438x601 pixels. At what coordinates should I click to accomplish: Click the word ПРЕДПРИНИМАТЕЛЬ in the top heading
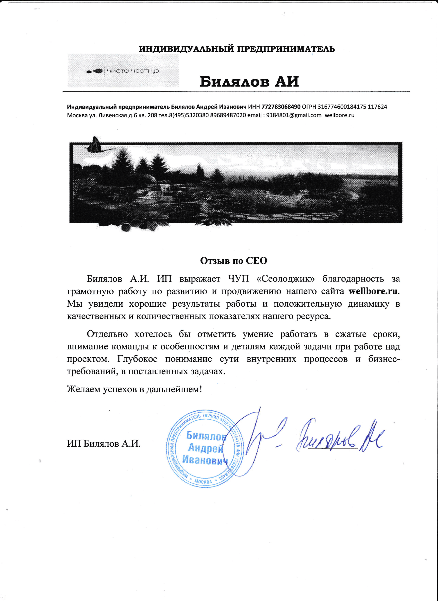(286, 49)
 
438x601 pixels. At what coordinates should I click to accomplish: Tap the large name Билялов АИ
(249, 81)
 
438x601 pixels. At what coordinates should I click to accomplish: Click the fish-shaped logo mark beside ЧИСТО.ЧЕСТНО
(95, 71)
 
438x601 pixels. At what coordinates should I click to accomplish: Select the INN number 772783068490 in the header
(281, 107)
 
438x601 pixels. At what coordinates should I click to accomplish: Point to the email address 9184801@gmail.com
(294, 116)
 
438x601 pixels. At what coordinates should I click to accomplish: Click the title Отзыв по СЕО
(234, 261)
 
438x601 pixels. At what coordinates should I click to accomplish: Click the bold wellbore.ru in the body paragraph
(373, 291)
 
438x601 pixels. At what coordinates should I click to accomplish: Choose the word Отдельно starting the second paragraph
(107, 334)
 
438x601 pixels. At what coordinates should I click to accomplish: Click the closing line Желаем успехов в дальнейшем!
(134, 389)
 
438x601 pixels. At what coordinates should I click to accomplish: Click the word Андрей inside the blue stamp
(205, 448)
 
